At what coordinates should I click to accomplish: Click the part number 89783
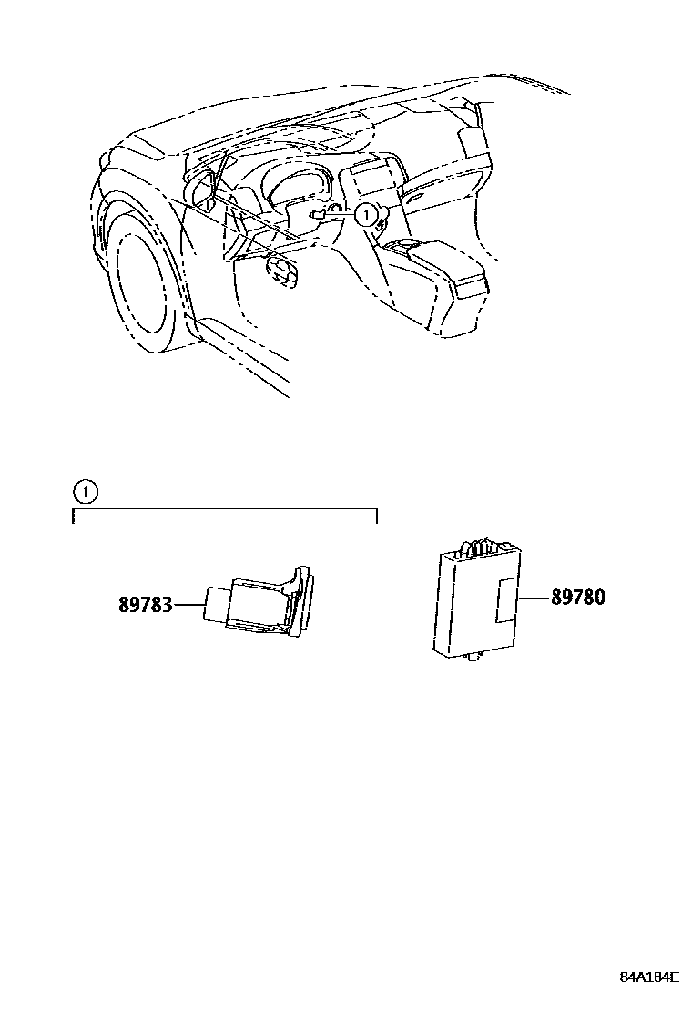[x=145, y=605]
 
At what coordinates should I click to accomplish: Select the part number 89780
[x=577, y=598]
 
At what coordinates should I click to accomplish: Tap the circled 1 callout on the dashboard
[x=364, y=216]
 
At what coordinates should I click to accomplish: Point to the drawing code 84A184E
[x=649, y=977]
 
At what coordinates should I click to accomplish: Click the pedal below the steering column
[x=283, y=271]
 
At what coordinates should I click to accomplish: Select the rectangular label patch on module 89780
[x=506, y=600]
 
